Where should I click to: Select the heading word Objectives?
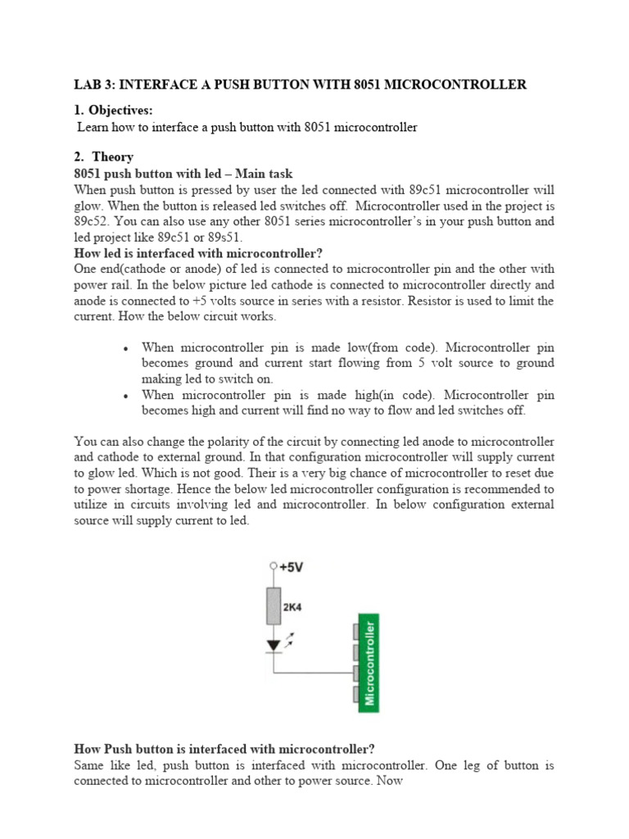[x=120, y=111]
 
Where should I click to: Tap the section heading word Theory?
[x=112, y=156]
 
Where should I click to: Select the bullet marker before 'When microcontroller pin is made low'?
[x=124, y=348]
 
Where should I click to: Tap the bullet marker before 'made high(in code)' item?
[x=124, y=396]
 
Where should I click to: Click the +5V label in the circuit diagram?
[x=292, y=566]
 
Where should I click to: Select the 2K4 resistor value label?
[x=292, y=609]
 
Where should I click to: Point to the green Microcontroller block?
[x=370, y=662]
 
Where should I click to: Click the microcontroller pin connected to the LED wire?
[x=355, y=673]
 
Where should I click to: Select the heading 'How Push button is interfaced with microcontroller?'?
[x=224, y=749]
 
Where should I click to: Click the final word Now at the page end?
[x=390, y=781]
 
